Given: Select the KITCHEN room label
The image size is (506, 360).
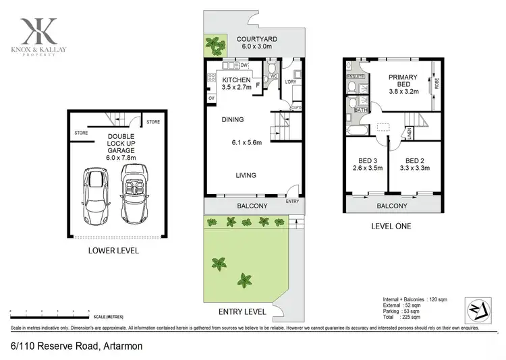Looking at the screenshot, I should pos(236,80).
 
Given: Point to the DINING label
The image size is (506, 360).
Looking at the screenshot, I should pos(233,120).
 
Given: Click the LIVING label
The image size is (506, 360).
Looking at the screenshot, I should pos(246,175).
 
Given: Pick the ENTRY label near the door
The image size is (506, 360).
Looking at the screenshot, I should pos(292,201).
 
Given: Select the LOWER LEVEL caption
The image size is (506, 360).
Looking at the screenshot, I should pos(113,251).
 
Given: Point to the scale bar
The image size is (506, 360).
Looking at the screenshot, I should pos(51,311).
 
